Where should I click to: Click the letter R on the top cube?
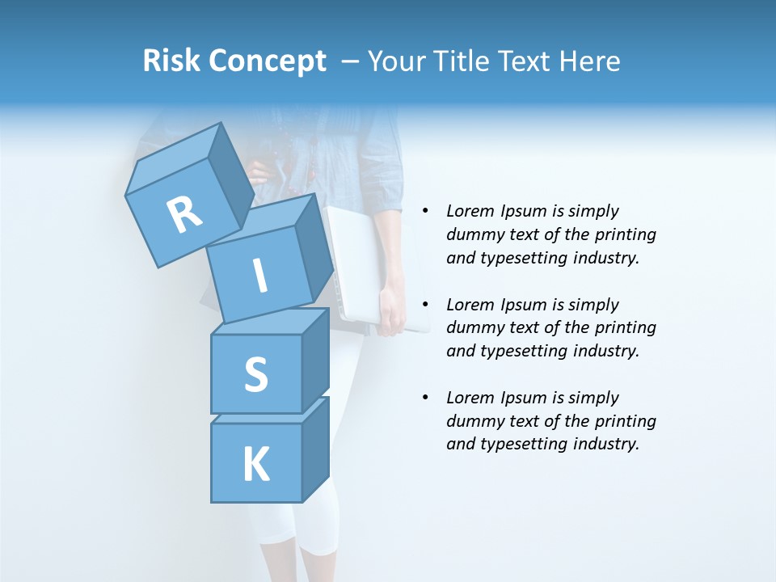point(184,215)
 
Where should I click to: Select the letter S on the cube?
point(255,375)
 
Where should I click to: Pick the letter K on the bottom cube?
point(255,464)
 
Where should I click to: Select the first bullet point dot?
point(424,211)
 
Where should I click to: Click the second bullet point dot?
point(424,305)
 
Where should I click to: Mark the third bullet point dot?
point(424,398)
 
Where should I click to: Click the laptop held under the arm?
point(356,259)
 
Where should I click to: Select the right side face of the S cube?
point(315,360)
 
